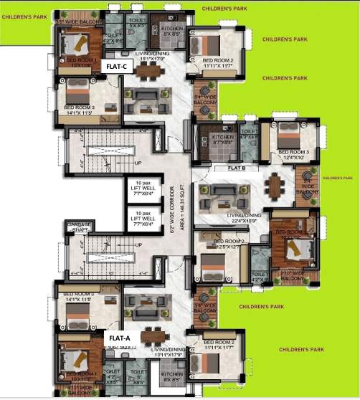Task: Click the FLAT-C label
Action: point(116,66)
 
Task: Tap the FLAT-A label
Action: point(119,336)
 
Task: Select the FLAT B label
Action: point(237,168)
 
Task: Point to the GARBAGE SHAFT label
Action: point(79,227)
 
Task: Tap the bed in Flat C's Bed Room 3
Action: point(78,91)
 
